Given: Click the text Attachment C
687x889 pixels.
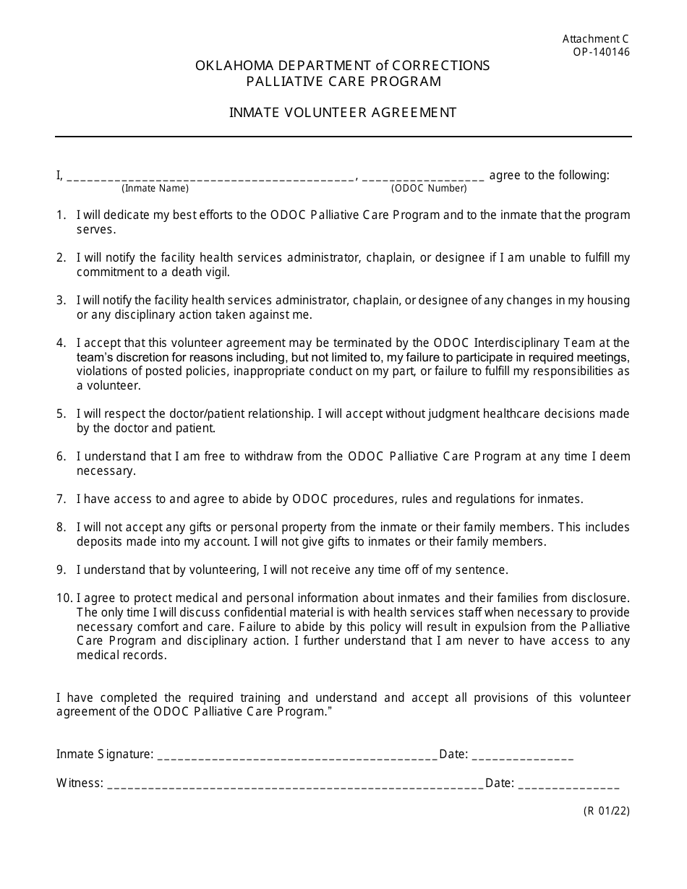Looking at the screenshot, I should click(x=596, y=40).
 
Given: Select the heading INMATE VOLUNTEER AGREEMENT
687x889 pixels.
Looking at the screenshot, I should click(x=343, y=112).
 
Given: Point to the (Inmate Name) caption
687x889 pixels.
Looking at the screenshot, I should click(x=155, y=189).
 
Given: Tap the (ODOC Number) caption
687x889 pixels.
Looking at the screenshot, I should click(x=429, y=189).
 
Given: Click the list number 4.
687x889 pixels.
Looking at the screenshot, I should click(x=61, y=343).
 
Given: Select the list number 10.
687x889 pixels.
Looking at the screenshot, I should click(x=64, y=598).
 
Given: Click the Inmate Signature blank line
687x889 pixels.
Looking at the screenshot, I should click(x=296, y=755).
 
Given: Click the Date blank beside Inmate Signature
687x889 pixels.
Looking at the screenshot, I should click(x=523, y=755).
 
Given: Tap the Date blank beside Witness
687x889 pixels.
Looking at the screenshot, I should click(x=569, y=783).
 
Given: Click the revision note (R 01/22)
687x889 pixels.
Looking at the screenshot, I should click(x=607, y=811).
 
